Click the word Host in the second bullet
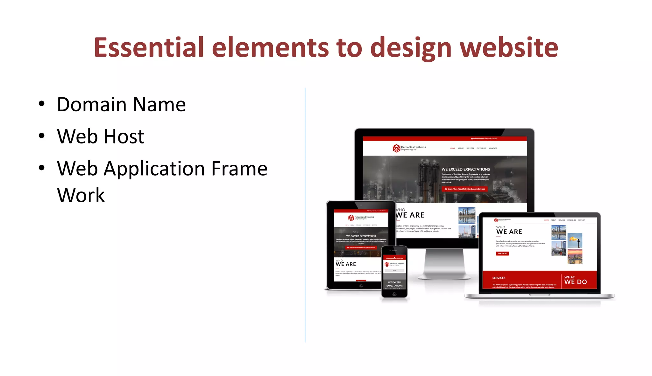pos(124,136)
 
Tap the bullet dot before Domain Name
pos(41,104)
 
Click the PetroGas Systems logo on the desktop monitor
pos(409,148)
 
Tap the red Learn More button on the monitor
pos(464,189)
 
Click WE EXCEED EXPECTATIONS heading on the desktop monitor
pos(465,169)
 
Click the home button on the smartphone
pos(394,294)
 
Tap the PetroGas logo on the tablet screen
pos(361,218)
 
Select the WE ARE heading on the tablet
pos(346,264)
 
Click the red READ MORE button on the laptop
pos(502,254)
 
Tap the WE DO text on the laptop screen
pos(576,282)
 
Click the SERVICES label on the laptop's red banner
pos(499,278)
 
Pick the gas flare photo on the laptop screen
pos(575,240)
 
